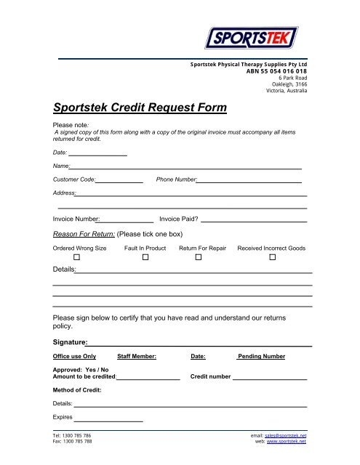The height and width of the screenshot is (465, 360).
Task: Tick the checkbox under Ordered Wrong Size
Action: pyautogui.click(x=76, y=259)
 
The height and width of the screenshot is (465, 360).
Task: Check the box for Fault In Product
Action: pyautogui.click(x=145, y=259)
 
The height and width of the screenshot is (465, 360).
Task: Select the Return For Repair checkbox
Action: pyautogui.click(x=198, y=259)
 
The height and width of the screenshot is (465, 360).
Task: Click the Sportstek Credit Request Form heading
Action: pyautogui.click(x=140, y=108)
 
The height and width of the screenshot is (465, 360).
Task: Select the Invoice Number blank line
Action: pyautogui.click(x=127, y=219)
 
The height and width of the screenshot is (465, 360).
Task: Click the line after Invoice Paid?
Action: pyautogui.click(x=254, y=219)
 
